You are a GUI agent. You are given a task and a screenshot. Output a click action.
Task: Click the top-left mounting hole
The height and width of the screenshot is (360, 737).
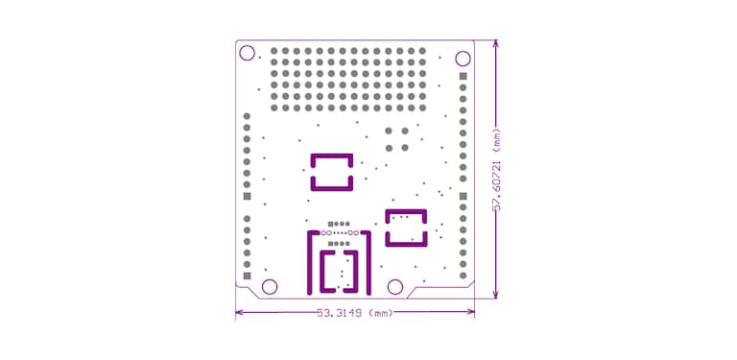[247, 53]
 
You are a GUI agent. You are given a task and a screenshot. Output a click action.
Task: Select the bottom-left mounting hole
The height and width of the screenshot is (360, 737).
[270, 286]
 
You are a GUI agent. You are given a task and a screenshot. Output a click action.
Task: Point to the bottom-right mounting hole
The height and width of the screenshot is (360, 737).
[394, 286]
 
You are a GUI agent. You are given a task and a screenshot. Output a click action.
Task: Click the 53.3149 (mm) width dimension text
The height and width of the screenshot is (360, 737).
[354, 313]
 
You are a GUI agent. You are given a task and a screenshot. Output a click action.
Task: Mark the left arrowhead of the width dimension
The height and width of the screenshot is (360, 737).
[239, 312]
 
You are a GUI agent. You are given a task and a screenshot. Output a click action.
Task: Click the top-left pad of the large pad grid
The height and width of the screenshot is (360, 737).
[275, 51]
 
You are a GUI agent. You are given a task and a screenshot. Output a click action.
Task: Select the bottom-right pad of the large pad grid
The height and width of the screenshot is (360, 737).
[424, 106]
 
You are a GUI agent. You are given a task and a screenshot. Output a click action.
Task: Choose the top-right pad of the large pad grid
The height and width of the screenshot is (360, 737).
[424, 51]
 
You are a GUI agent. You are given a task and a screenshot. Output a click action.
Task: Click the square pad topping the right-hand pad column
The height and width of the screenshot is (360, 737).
[463, 76]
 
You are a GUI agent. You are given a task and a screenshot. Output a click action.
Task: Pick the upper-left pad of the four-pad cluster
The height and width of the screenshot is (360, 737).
[389, 131]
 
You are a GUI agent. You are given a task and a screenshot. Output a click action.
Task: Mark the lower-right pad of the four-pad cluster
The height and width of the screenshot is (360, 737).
[404, 147]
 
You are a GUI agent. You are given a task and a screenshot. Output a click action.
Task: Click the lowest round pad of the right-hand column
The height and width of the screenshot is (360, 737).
[463, 276]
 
